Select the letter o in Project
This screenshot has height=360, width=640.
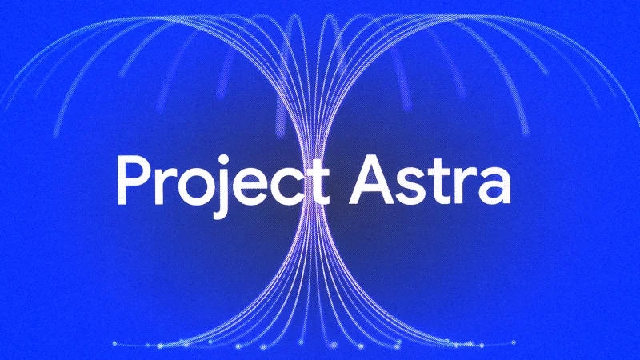coord(197,187)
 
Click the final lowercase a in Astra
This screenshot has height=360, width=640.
coord(493,187)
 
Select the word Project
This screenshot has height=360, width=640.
coord(223,186)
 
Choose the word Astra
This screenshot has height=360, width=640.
coord(430,181)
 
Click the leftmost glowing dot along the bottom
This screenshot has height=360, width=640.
coord(114,344)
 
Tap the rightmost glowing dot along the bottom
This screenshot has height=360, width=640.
coord(514,343)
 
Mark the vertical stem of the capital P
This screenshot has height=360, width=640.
coord(122,179)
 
